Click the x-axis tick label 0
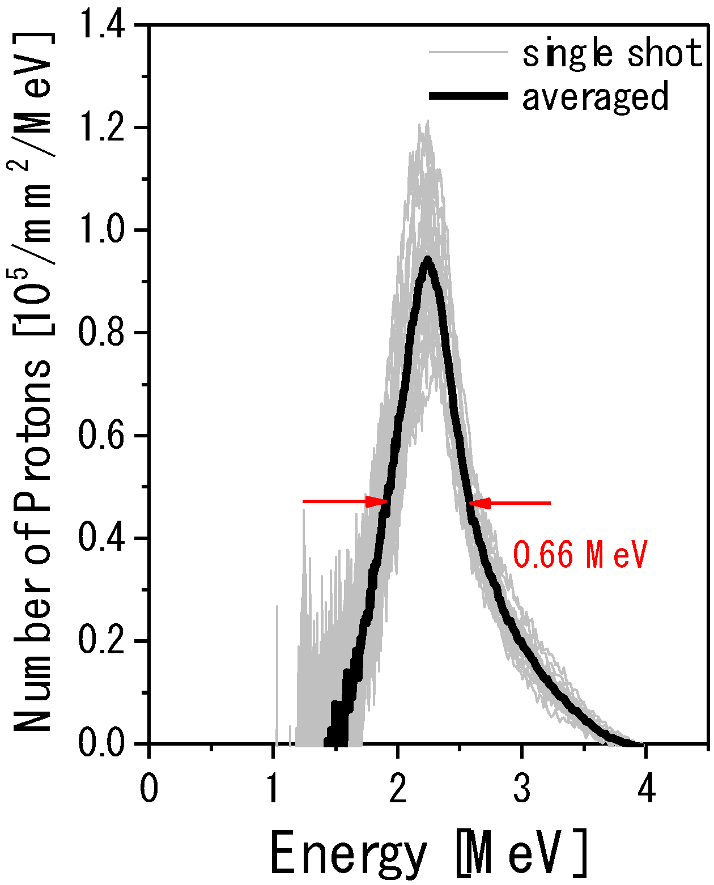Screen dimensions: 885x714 [149, 789]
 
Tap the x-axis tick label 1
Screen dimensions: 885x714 [274, 789]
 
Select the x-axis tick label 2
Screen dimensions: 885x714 [398, 789]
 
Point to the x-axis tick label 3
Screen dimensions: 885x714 [522, 789]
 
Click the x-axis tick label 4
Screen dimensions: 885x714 [646, 789]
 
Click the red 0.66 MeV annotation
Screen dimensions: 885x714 [580, 555]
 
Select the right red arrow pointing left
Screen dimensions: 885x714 [510, 503]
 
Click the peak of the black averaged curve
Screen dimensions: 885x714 [428, 259]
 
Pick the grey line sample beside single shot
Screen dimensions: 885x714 [468, 53]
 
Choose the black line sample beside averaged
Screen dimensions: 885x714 [468, 96]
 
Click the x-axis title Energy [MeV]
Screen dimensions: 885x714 [428, 854]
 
